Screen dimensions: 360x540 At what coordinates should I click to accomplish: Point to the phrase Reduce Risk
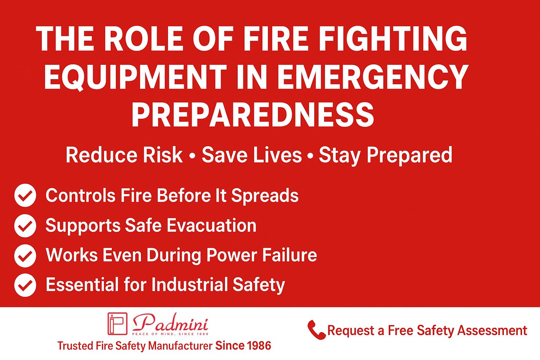coord(124,155)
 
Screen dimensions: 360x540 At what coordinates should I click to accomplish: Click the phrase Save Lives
coord(252,155)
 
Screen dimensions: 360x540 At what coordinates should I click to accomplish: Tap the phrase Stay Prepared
coord(385,155)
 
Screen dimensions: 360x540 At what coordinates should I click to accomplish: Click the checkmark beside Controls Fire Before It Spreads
coord(25,195)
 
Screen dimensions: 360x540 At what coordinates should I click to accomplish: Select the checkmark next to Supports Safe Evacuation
coord(25,225)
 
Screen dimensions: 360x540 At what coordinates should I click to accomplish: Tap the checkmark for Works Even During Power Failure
coord(25,255)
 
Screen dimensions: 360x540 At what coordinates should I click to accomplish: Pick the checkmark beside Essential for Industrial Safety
coord(25,285)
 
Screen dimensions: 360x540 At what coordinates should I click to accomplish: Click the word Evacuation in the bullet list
coord(211,225)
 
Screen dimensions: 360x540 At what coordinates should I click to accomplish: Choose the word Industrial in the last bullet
coord(189,285)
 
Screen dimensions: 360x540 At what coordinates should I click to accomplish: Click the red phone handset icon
coord(316,330)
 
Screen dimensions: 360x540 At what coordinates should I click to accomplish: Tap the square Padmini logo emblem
coord(117,323)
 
